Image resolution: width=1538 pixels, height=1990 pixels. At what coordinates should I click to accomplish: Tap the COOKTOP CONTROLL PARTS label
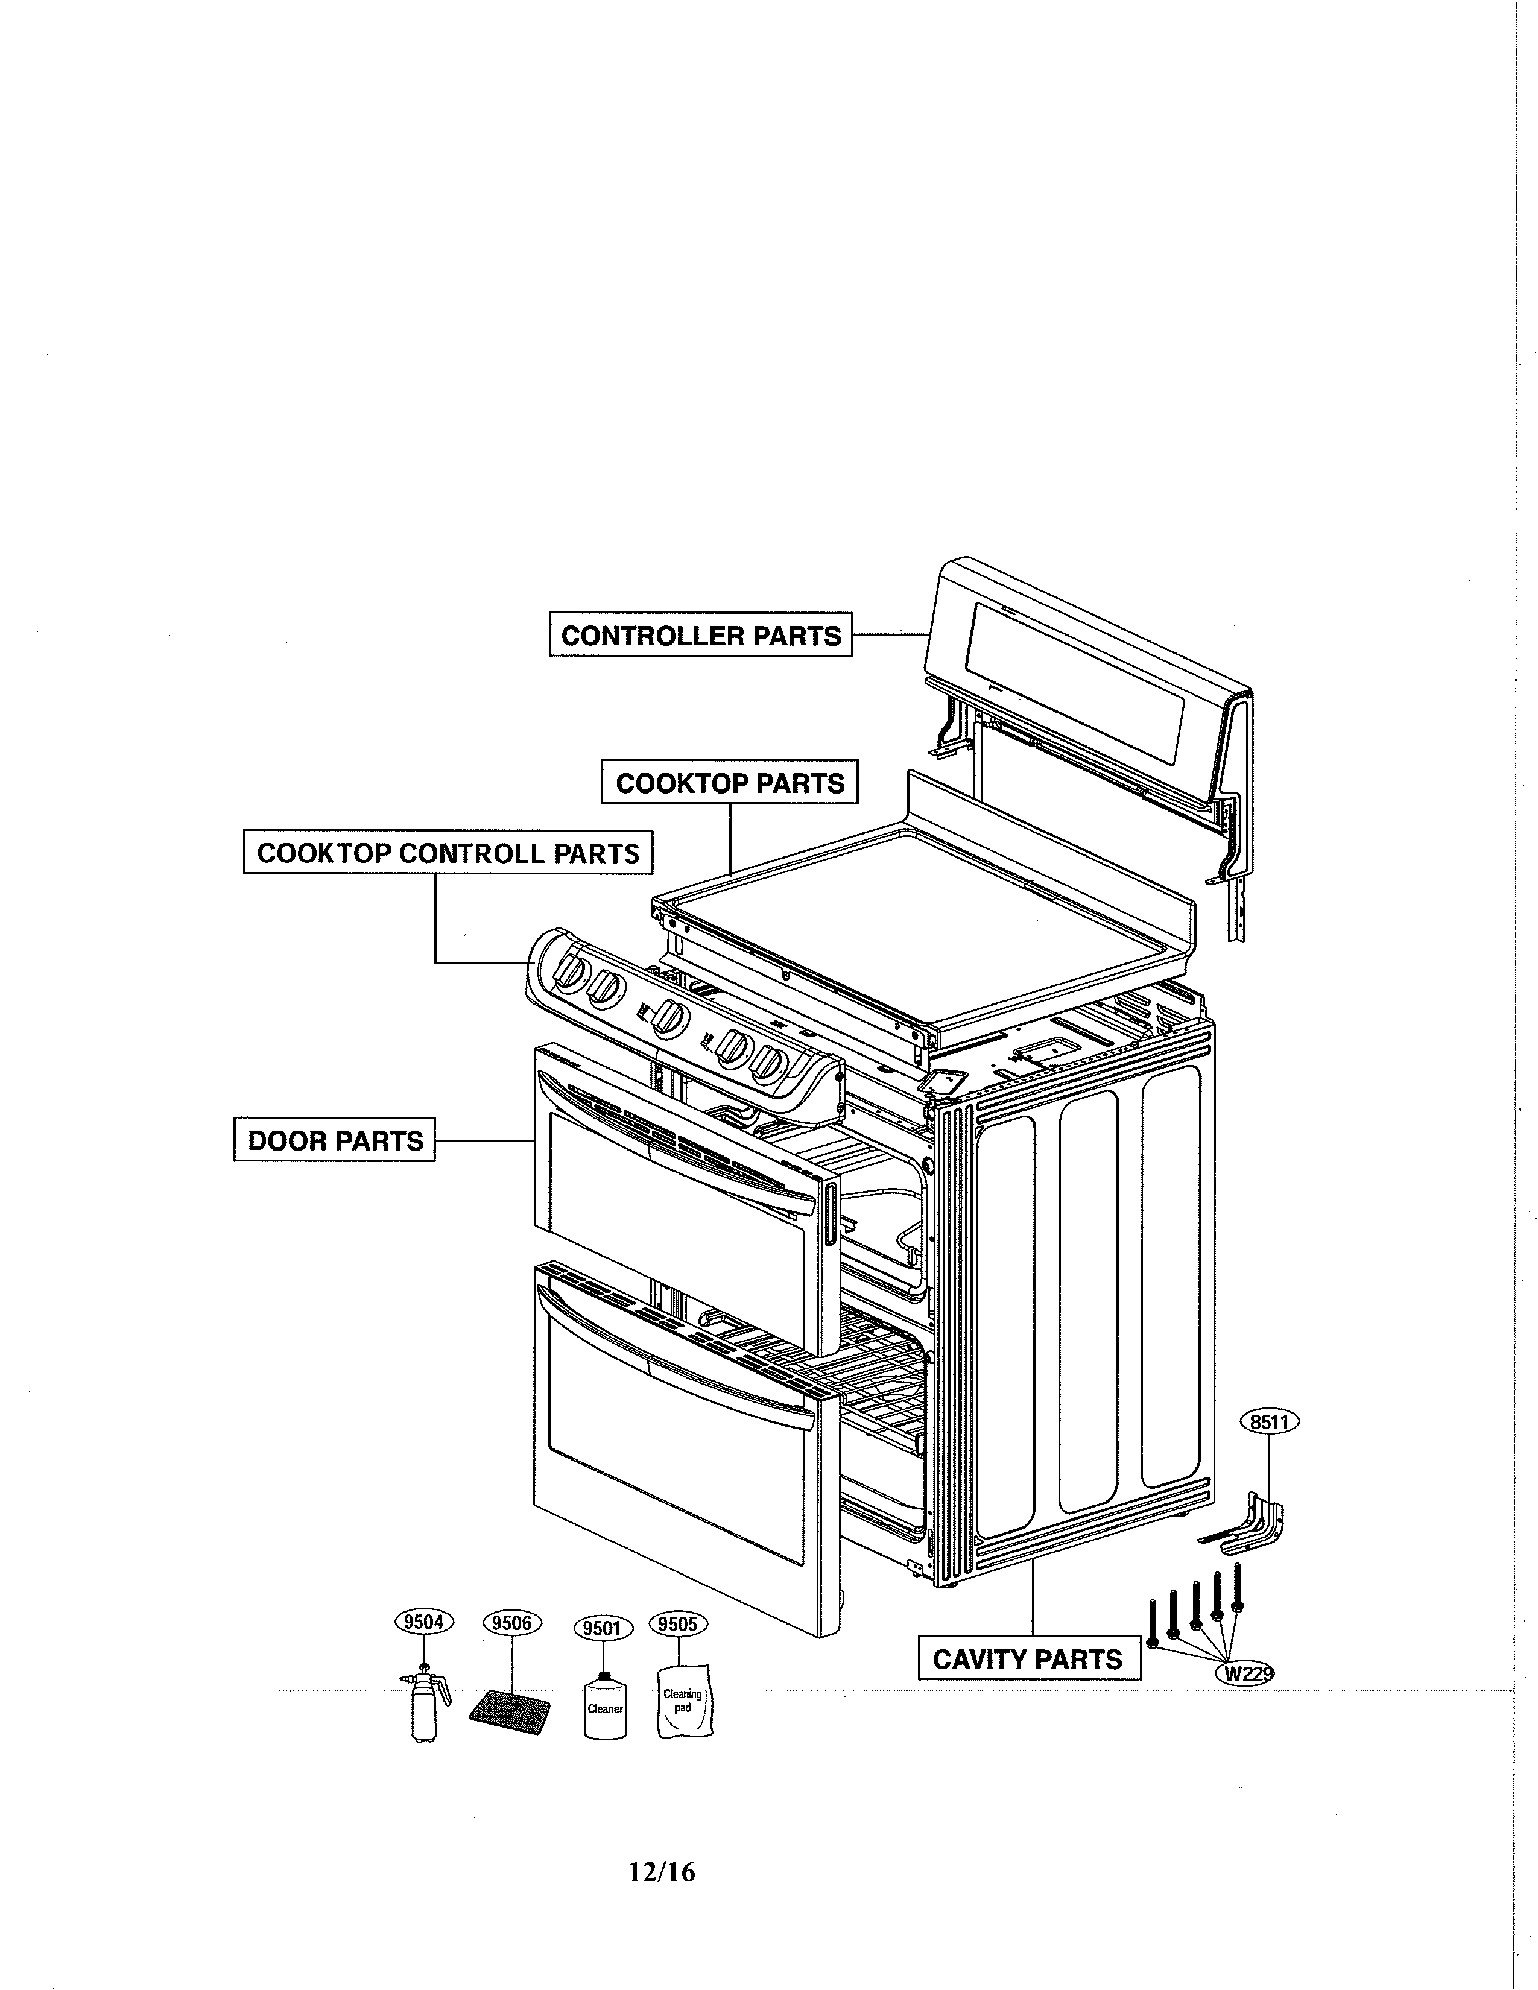click(448, 853)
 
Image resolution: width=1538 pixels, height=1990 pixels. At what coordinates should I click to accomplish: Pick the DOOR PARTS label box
click(334, 1140)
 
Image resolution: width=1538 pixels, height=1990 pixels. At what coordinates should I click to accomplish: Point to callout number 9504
click(423, 1622)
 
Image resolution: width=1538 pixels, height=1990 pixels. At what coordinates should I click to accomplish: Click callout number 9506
click(511, 1623)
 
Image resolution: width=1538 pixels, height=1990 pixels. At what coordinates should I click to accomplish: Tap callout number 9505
click(677, 1624)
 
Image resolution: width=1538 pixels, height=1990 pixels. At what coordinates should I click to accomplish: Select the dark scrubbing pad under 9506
click(511, 1714)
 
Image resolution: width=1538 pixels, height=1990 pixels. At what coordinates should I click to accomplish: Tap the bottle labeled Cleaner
click(604, 1708)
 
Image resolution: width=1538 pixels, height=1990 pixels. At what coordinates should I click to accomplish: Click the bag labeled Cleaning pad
click(683, 1704)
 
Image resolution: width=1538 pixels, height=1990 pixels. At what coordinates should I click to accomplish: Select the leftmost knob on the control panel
click(571, 972)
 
